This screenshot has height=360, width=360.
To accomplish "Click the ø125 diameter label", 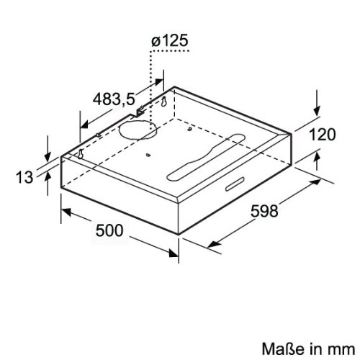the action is click(x=170, y=40).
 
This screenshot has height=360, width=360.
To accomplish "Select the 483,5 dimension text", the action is click(x=114, y=99).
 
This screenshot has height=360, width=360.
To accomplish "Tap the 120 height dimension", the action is click(x=323, y=135).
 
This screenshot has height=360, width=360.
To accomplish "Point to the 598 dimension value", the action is click(x=264, y=211).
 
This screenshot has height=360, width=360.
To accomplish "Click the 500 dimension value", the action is click(x=109, y=230).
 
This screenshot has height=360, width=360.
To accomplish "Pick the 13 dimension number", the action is click(x=24, y=177).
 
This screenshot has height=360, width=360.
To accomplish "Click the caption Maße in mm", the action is click(x=308, y=348).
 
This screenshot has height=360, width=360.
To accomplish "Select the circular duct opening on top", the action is click(x=138, y=130).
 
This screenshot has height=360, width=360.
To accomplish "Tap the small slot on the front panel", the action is click(x=235, y=184).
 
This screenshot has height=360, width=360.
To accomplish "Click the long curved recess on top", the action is click(x=206, y=157).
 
